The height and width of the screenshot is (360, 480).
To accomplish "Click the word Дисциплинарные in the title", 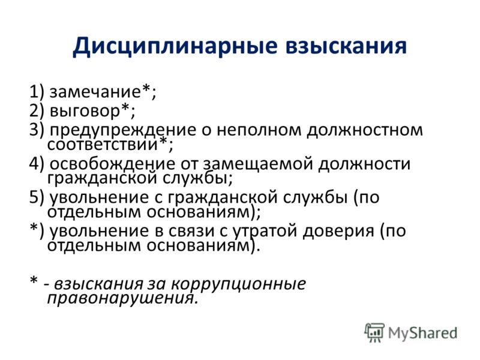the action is pos(175,47).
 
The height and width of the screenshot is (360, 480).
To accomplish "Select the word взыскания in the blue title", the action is pos(346,46).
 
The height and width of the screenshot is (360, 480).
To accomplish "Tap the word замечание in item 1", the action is pos(95,92).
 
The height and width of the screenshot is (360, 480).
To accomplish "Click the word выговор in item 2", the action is pos(85,110).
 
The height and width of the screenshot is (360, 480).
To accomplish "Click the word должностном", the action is pos(365,130).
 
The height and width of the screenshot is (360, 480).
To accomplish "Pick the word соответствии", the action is pos(102,144).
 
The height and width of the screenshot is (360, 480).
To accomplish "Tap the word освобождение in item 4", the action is pos(112,164).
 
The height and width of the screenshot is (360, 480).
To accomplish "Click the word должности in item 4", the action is pos(364,164).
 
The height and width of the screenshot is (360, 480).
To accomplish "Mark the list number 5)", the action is pos(37,197).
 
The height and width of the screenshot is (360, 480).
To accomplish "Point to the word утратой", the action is pos(265,232).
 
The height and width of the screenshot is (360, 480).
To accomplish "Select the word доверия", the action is pos(338,232).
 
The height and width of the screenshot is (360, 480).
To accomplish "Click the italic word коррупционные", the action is pos(238,284).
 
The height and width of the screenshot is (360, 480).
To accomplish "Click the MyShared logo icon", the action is pos(374,332).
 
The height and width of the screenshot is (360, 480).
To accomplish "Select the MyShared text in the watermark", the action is pos(423,333).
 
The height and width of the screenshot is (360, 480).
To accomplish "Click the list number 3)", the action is pos(37,130).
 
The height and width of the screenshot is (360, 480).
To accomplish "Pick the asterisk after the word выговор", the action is pos(125,108).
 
